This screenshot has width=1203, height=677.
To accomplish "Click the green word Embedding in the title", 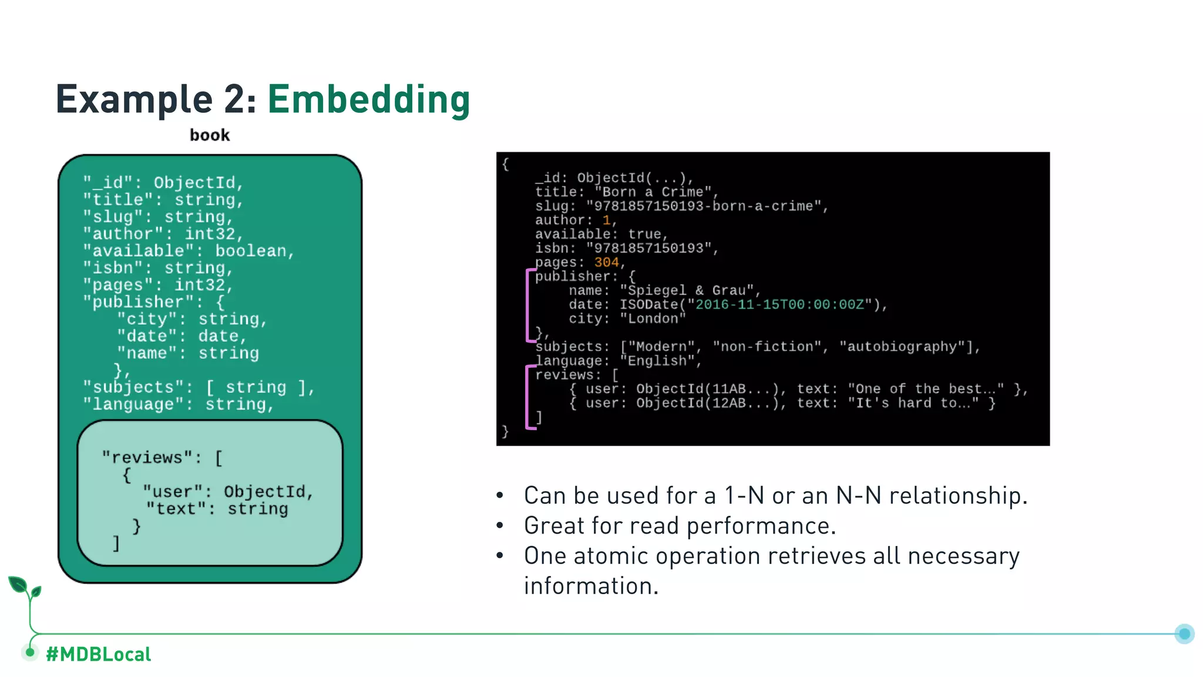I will click(x=369, y=99).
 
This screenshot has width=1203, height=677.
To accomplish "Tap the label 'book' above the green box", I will click(x=210, y=135).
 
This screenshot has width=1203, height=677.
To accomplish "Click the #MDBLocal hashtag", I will click(x=98, y=654).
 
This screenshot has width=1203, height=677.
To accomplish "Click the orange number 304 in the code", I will click(x=606, y=262).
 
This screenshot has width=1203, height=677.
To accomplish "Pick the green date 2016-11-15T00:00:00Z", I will click(x=779, y=304).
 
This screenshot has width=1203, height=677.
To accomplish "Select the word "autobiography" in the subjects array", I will click(x=902, y=347).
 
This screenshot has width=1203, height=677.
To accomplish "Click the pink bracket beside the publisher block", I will click(x=528, y=304).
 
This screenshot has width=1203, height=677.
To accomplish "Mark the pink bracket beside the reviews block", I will click(x=528, y=397).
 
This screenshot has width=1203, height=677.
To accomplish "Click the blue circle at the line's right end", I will click(x=1184, y=634).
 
